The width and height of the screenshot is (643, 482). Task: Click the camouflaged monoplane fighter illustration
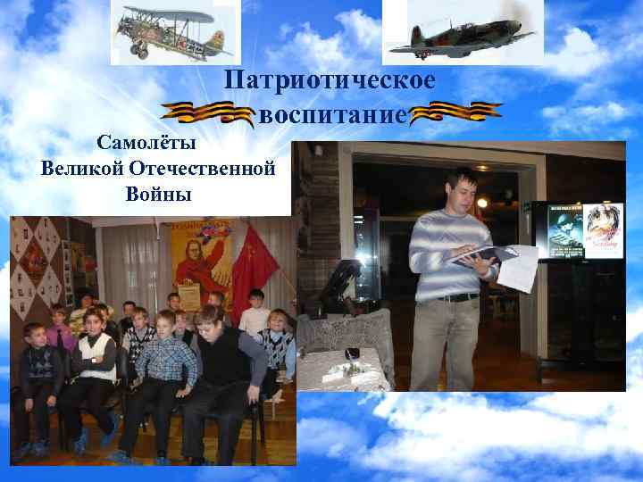(462, 33)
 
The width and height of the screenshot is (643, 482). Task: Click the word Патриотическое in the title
(330, 81)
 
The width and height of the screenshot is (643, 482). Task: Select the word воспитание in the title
(332, 114)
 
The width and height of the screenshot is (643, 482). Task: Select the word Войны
(158, 194)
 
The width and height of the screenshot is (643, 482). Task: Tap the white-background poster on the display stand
(604, 231)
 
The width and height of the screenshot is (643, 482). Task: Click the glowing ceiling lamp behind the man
(482, 203)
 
